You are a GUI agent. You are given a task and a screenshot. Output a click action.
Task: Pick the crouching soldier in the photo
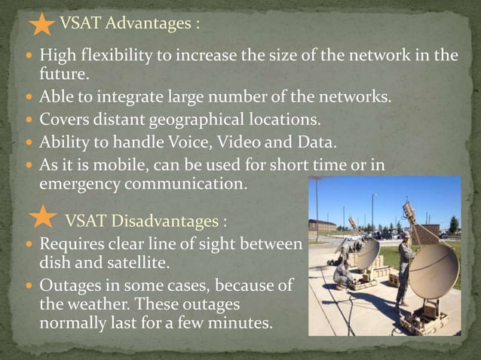point(342,273)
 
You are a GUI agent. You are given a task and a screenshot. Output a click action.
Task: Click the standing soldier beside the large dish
point(403,267)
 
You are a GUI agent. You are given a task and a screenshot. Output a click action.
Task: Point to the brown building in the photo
point(323,225)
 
